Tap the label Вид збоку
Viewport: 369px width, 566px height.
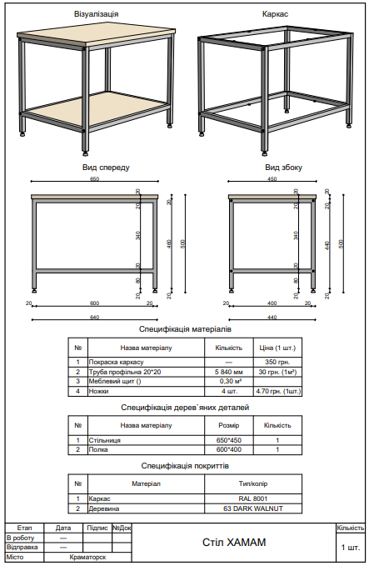pyautogui.click(x=273, y=167)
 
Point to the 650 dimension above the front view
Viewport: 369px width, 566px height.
pyautogui.click(x=94, y=178)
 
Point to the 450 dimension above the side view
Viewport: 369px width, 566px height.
pyautogui.click(x=272, y=178)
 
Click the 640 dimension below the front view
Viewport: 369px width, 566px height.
pyautogui.click(x=94, y=318)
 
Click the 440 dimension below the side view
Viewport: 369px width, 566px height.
pyautogui.click(x=272, y=318)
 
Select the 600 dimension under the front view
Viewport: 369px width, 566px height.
pyautogui.click(x=94, y=303)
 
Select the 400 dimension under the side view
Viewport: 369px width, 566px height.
pyautogui.click(x=272, y=303)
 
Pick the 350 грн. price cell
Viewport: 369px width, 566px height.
pyautogui.click(x=277, y=363)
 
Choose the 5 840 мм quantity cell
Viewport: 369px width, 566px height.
pyautogui.click(x=228, y=372)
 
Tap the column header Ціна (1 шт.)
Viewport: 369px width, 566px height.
pyautogui.click(x=277, y=347)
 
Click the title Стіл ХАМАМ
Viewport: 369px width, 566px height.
pyautogui.click(x=234, y=543)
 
